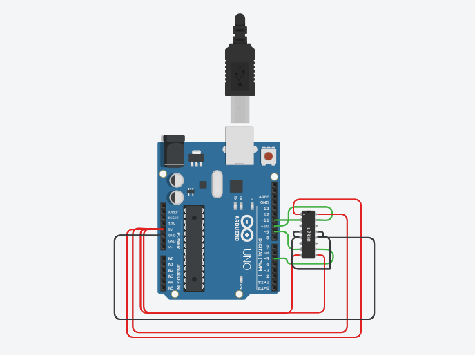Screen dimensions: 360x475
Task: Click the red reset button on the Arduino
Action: (269, 156)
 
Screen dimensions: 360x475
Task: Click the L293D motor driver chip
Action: (309, 234)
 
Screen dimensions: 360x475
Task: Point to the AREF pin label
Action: (264, 197)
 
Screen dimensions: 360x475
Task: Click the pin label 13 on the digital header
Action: (266, 208)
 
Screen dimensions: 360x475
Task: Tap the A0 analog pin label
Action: (171, 258)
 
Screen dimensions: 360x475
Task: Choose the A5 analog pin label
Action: (171, 287)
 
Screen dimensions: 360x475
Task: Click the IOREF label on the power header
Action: (172, 212)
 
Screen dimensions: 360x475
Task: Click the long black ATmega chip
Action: (194, 247)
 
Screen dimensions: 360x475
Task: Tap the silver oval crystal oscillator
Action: (217, 184)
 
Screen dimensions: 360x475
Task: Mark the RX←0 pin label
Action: (264, 287)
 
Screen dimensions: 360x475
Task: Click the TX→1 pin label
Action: (264, 282)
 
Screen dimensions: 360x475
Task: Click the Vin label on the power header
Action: (171, 247)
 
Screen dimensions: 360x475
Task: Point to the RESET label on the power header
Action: (172, 218)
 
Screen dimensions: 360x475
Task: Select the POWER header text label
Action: (178, 240)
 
